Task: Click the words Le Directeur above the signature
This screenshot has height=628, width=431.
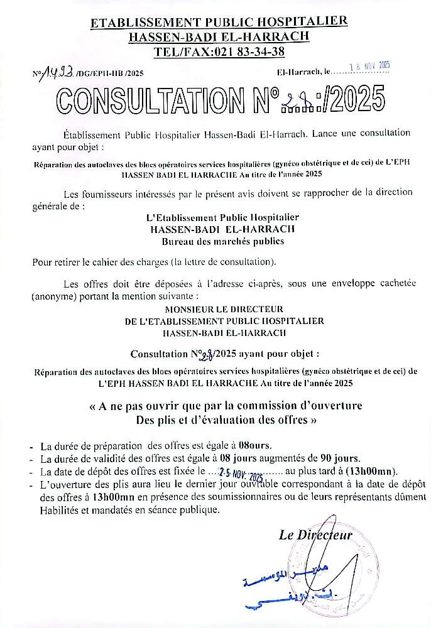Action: click(315, 535)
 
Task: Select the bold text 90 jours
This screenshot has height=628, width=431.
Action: click(349, 458)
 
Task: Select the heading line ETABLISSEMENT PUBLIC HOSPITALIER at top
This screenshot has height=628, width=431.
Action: click(219, 23)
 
